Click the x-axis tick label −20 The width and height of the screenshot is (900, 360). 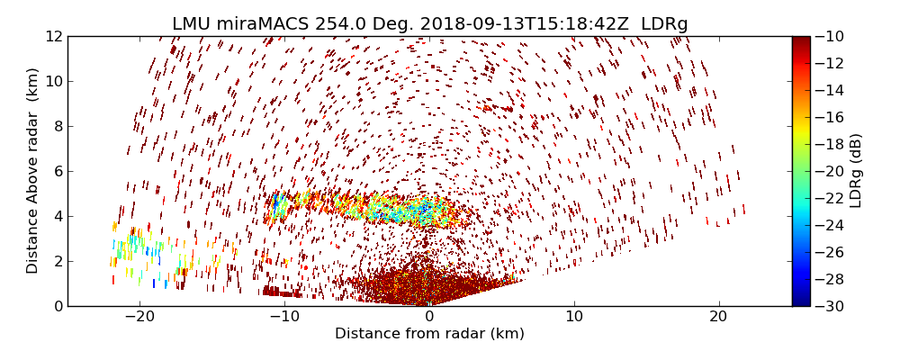click(x=139, y=317)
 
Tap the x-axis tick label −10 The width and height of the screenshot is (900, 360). click(x=284, y=317)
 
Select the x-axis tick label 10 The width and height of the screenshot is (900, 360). click(x=574, y=317)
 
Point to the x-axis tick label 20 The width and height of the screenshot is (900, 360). click(x=718, y=317)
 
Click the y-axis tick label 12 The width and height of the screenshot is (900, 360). click(x=53, y=36)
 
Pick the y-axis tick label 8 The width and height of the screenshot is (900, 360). click(x=57, y=126)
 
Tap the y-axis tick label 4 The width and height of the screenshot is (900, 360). click(x=57, y=216)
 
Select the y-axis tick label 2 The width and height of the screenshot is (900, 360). click(x=57, y=261)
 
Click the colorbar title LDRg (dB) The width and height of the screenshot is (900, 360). click(x=856, y=171)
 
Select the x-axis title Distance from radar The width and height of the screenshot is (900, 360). click(x=429, y=334)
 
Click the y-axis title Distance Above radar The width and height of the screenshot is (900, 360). click(x=33, y=171)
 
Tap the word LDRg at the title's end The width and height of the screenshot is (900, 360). click(x=664, y=24)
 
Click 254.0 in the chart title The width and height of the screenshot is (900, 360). click(x=325, y=24)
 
